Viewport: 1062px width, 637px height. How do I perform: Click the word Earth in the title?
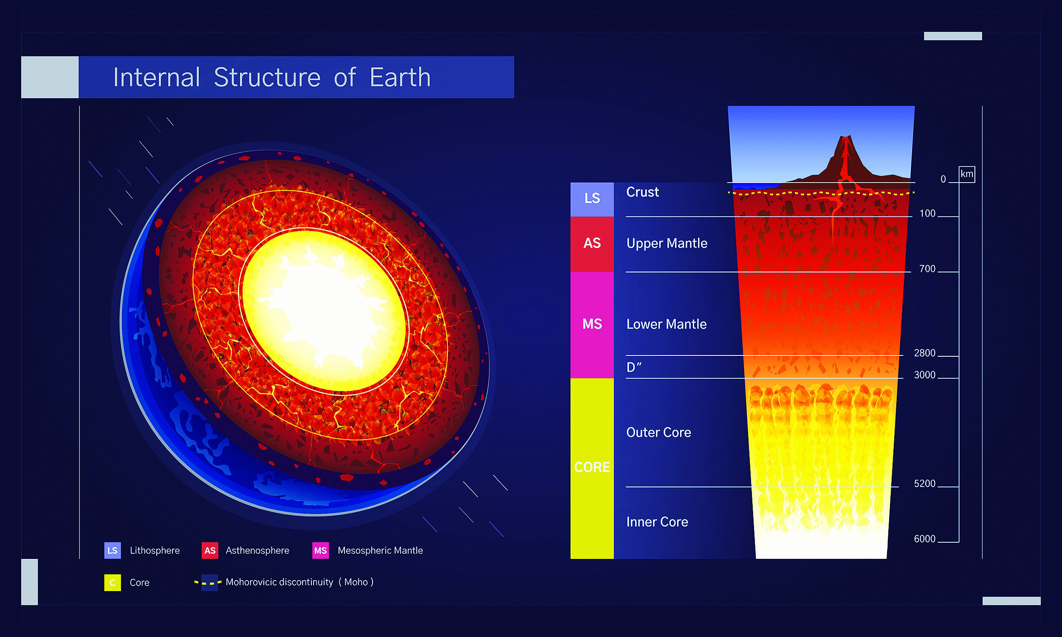tap(400, 78)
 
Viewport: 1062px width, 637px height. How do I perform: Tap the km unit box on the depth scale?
tap(966, 174)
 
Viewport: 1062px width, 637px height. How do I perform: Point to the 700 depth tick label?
tap(927, 269)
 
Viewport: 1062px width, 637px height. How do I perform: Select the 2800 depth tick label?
tap(924, 353)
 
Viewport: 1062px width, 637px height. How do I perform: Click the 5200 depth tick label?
tap(924, 483)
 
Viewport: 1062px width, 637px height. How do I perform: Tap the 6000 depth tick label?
tap(924, 539)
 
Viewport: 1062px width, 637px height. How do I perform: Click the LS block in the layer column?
tap(591, 199)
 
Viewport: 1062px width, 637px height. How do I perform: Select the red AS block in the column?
tap(591, 243)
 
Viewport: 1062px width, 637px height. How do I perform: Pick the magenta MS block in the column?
tap(591, 324)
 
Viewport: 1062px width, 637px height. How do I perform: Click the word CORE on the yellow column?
tap(591, 467)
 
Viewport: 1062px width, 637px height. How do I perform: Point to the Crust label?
tap(642, 192)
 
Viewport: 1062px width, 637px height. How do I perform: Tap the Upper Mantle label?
tap(666, 243)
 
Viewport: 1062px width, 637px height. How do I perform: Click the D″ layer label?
tap(634, 367)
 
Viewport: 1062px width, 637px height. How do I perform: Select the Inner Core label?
tap(657, 522)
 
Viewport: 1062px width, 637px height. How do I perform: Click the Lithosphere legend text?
tap(155, 550)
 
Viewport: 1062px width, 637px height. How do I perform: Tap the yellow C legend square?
tap(113, 583)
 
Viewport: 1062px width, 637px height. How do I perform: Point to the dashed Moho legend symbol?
tap(208, 583)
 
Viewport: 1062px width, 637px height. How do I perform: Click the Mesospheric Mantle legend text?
tap(380, 550)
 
